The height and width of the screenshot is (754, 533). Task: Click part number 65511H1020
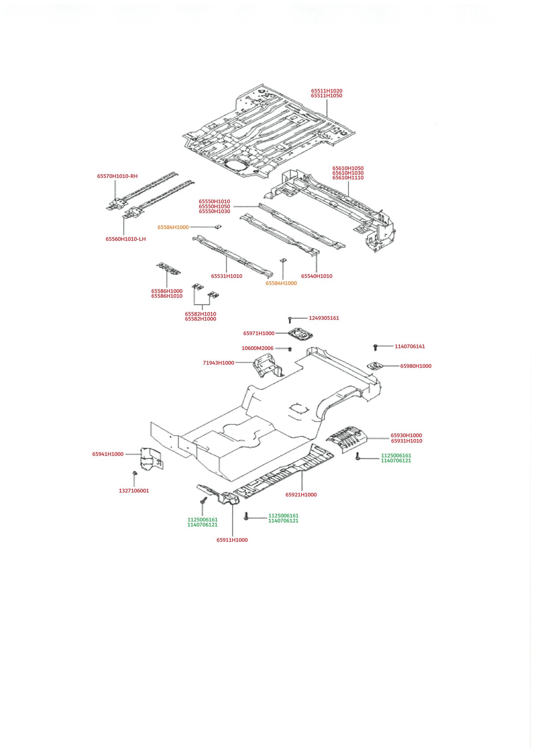(x=326, y=91)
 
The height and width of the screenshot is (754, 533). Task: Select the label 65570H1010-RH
(x=117, y=176)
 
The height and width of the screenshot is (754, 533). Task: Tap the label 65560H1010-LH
(x=126, y=239)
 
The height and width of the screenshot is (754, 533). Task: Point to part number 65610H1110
(x=348, y=177)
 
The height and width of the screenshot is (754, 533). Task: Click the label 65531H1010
(x=226, y=276)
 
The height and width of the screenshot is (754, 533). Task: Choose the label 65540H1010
(x=317, y=276)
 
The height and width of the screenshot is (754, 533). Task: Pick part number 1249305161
(x=324, y=318)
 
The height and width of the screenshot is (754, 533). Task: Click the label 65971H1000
(x=259, y=333)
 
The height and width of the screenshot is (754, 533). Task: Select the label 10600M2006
(x=257, y=348)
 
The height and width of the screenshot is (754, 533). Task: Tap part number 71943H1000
(x=218, y=363)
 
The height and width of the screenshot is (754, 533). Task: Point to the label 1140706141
(x=410, y=346)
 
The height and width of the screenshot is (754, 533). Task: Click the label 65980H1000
(x=416, y=366)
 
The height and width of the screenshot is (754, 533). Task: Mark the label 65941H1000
(x=108, y=454)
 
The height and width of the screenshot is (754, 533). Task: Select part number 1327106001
(x=134, y=491)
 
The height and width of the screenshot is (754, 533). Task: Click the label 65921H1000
(x=301, y=494)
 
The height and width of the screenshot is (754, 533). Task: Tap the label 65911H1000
(x=232, y=540)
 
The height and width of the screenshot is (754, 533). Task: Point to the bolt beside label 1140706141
(x=375, y=347)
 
